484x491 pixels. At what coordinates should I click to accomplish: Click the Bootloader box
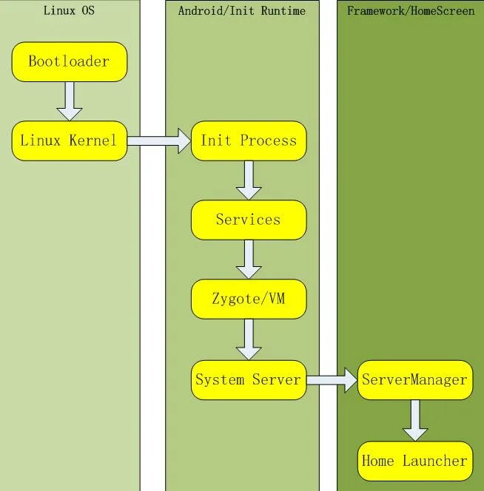tap(70, 61)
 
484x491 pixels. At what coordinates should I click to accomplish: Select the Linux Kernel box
tap(70, 140)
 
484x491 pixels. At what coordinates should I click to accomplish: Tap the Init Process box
tap(249, 140)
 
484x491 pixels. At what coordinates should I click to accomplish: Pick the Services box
tap(249, 220)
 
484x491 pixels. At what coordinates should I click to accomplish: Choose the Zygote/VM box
tap(249, 299)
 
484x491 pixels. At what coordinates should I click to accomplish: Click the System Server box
tap(249, 380)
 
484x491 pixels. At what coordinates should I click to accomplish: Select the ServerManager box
tap(414, 380)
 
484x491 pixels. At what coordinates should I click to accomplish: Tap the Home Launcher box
tap(414, 461)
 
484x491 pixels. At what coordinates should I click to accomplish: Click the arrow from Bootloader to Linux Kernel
tap(70, 101)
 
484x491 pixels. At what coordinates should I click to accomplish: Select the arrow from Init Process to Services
tap(249, 180)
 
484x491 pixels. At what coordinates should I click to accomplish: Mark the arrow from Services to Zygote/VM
tap(249, 260)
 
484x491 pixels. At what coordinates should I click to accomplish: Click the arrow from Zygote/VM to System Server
tap(249, 339)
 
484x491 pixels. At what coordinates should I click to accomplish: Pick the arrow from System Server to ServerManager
tap(332, 380)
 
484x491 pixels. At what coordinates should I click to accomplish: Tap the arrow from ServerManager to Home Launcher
tap(414, 420)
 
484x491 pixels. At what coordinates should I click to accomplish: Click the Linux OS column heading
tap(69, 10)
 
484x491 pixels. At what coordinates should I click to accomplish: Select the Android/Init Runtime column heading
tap(242, 10)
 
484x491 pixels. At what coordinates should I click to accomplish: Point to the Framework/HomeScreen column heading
tap(411, 10)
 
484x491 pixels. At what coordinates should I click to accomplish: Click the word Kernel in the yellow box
tap(93, 140)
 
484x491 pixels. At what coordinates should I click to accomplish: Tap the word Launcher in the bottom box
tap(435, 461)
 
